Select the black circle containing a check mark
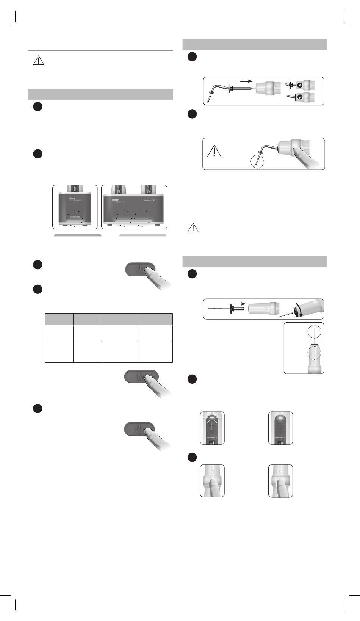299,97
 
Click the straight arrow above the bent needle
245,81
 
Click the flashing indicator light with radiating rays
212,417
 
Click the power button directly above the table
140,270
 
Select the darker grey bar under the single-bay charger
78,235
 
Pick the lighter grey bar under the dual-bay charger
143,235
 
